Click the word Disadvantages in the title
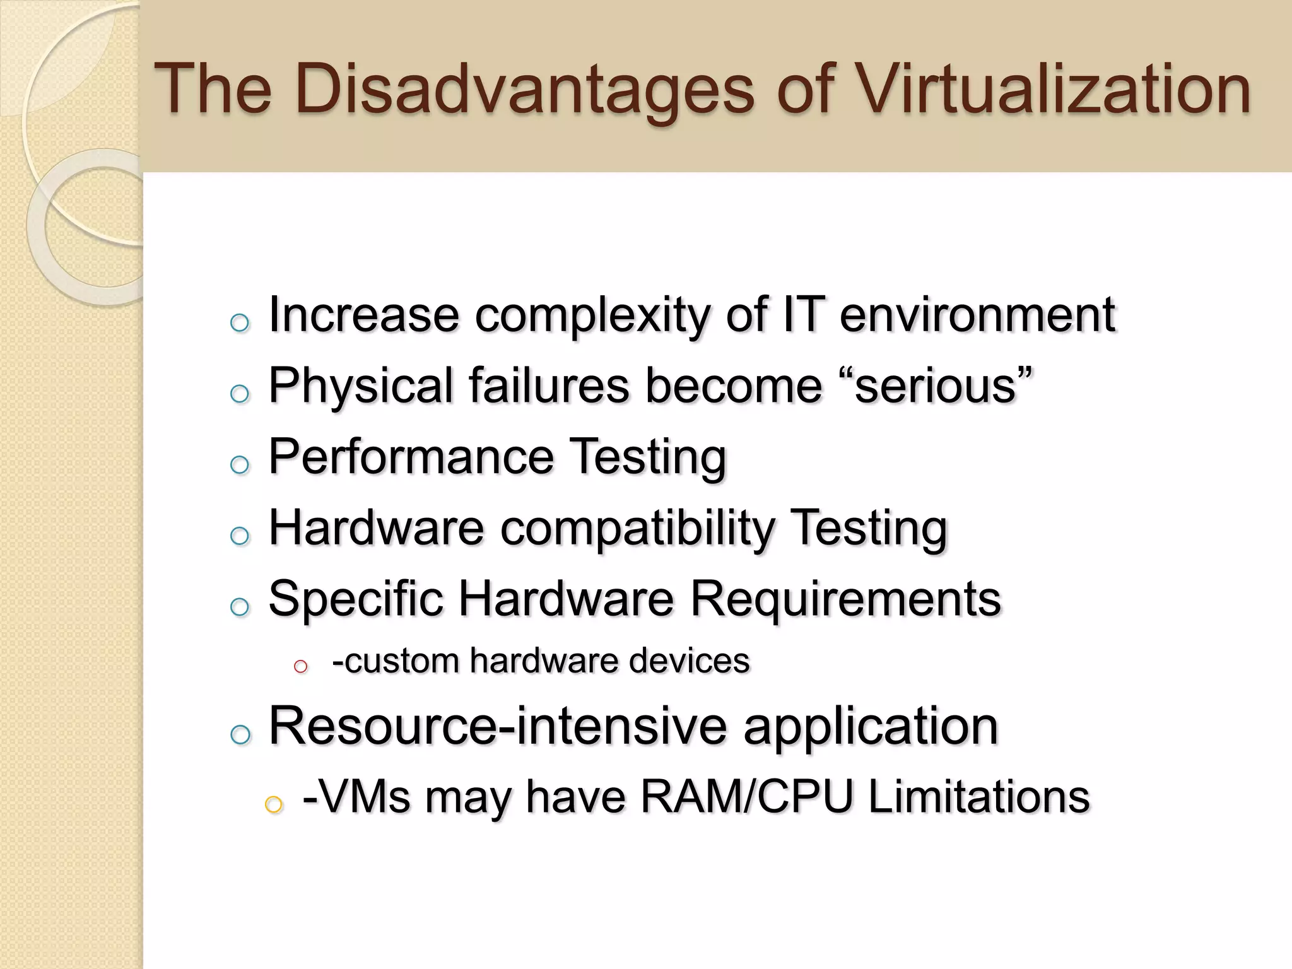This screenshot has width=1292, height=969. pos(524,90)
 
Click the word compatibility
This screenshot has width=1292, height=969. pos(637,529)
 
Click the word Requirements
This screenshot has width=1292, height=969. pos(845,599)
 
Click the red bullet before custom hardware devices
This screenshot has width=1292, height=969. pos(300,666)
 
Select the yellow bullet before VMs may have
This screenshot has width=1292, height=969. pos(273,804)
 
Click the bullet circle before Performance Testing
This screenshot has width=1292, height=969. pos(240,466)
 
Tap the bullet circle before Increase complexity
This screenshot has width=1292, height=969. pos(240,324)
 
